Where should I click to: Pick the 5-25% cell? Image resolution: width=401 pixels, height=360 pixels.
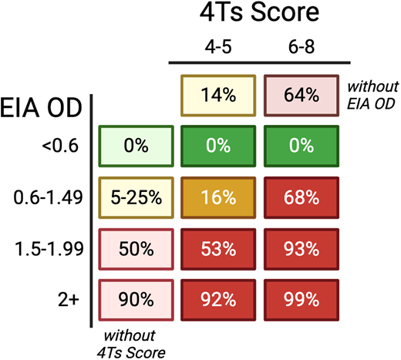click(135, 197)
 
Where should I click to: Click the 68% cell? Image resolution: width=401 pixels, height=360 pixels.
click(300, 197)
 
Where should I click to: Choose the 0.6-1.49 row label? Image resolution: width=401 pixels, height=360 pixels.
click(45, 197)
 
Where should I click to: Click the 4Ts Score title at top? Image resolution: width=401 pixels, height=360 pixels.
click(259, 14)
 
